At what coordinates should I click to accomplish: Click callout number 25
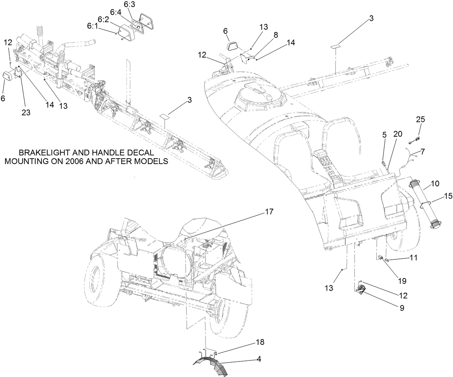(420, 120)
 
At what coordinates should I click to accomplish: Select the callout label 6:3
(129, 5)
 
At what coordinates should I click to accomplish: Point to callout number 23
(26, 112)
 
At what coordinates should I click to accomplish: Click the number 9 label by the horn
(401, 308)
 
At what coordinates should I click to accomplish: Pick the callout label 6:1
(92, 26)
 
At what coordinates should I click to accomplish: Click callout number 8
(276, 35)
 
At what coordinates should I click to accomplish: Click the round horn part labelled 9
(360, 289)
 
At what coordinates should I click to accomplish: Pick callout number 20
(397, 134)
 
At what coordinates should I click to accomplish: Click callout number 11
(413, 258)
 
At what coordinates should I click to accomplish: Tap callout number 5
(384, 135)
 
